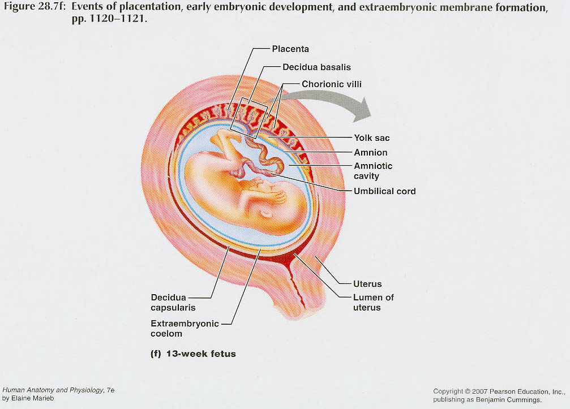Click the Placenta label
coord(290,49)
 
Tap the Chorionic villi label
coord(331,84)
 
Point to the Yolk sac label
coord(371,138)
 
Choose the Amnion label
coord(370,153)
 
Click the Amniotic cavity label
coord(372,171)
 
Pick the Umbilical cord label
coord(384,191)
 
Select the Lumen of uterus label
coord(373,302)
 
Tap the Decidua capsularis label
coord(173,302)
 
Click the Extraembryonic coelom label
coord(184,328)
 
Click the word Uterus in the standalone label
coord(367,284)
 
